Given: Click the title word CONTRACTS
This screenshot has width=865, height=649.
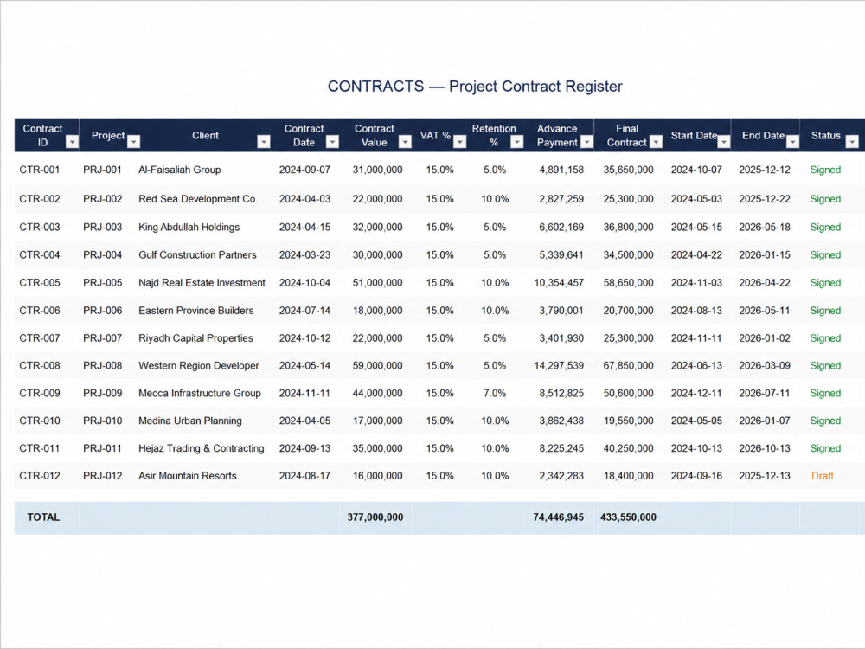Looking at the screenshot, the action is pyautogui.click(x=375, y=86).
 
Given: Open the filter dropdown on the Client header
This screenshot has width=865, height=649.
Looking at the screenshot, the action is pyautogui.click(x=264, y=142).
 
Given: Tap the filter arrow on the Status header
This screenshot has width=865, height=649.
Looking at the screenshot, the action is pyautogui.click(x=852, y=142).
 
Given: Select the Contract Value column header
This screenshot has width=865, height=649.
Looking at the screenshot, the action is pyautogui.click(x=374, y=135).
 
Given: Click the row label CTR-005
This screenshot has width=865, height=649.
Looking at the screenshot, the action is pyautogui.click(x=40, y=283).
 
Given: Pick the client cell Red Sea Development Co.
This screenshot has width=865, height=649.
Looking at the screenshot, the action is pyautogui.click(x=198, y=199).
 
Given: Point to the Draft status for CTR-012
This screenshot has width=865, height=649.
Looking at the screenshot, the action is pyautogui.click(x=822, y=476).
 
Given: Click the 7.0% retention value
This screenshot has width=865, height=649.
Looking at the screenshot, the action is pyautogui.click(x=495, y=393).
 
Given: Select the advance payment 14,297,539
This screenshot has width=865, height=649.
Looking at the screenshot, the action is pyautogui.click(x=559, y=365).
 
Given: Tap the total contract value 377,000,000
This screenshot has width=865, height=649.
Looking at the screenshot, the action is pyautogui.click(x=375, y=517).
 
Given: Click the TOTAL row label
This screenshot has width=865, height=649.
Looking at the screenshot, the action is pyautogui.click(x=43, y=517).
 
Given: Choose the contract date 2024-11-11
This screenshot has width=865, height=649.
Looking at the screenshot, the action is pyautogui.click(x=304, y=393).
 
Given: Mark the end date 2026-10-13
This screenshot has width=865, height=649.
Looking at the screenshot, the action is pyautogui.click(x=765, y=448).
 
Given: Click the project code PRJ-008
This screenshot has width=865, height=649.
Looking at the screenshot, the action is pyautogui.click(x=103, y=365).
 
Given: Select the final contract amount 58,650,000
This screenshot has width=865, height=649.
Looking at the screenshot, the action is pyautogui.click(x=628, y=283).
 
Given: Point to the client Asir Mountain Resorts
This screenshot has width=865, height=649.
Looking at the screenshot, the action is pyautogui.click(x=188, y=476).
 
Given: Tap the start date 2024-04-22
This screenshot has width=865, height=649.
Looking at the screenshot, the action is pyautogui.click(x=696, y=255).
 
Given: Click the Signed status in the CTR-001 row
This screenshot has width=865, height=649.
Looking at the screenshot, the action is pyautogui.click(x=825, y=170).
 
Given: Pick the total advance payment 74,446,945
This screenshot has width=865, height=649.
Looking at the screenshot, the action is pyautogui.click(x=558, y=517).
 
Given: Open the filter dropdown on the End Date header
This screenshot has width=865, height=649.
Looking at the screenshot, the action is pyautogui.click(x=792, y=142).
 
